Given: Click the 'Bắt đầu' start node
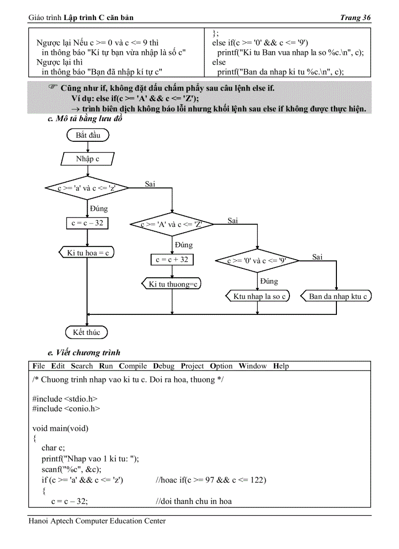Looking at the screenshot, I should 88,135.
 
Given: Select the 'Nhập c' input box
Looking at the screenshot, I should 88,159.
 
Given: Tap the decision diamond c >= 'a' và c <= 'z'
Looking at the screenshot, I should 87,188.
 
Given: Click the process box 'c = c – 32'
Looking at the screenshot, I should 87,223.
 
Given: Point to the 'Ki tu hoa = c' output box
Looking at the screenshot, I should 87,253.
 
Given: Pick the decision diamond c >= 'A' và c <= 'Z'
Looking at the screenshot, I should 172,224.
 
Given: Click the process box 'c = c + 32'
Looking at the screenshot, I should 172,260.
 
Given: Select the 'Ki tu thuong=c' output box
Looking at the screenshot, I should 172,284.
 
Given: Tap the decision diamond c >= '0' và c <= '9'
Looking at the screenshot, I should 257,261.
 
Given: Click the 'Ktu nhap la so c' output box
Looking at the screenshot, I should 258,296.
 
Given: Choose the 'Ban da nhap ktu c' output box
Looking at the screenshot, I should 337,296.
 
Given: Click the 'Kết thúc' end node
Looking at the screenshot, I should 87,332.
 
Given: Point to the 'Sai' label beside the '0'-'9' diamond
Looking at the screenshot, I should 317,257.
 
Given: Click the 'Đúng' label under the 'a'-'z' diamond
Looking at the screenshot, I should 99,209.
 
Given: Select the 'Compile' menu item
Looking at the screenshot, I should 133,366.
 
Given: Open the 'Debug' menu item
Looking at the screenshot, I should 163,366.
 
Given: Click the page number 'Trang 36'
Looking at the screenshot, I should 355,18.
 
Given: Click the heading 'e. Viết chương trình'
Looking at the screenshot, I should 84,352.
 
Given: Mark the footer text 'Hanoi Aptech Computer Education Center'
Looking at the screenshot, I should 97,521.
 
